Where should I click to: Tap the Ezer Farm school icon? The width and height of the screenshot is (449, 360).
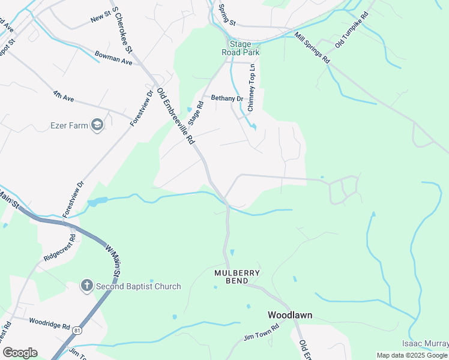click(x=97, y=125)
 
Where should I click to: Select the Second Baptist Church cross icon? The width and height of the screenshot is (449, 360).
click(x=87, y=286)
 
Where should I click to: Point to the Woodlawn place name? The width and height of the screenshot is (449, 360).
click(x=289, y=315)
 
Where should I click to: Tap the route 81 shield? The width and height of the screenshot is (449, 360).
click(x=77, y=331)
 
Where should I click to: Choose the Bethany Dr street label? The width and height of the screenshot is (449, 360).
click(x=226, y=98)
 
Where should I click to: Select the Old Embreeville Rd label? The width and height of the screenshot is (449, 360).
click(x=176, y=116)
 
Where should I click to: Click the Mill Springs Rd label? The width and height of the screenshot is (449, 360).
click(x=312, y=47)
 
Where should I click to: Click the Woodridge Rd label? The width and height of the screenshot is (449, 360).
click(x=50, y=325)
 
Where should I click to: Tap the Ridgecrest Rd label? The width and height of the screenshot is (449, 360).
click(x=60, y=247)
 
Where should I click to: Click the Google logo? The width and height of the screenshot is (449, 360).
click(x=20, y=352)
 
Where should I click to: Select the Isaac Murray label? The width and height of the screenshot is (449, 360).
click(x=425, y=343)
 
